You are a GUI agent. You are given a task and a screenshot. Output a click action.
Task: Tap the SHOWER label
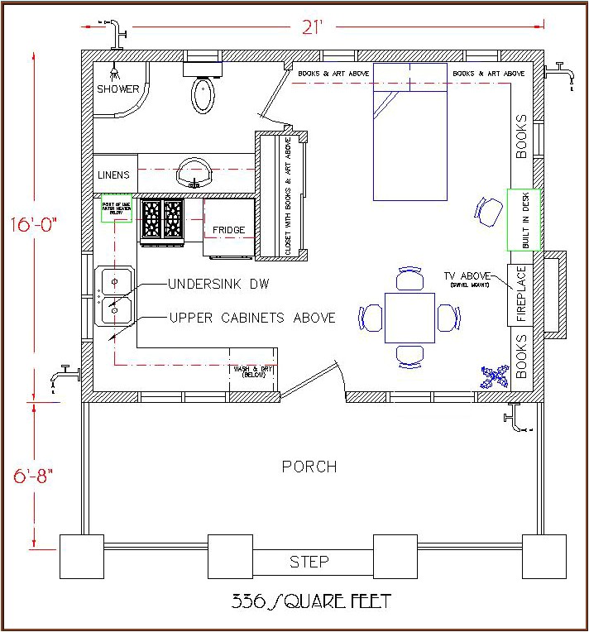click(x=118, y=89)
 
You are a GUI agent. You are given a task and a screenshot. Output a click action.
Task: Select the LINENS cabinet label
click(x=113, y=175)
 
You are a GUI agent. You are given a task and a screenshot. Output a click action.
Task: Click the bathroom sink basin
click(x=196, y=172)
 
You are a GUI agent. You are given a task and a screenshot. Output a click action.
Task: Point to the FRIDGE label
click(x=228, y=230)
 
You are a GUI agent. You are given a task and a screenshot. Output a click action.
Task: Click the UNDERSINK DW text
click(x=218, y=284)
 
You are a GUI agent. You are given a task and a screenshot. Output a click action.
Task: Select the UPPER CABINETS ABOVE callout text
click(x=252, y=318)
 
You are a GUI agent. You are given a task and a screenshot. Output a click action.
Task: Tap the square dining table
click(x=409, y=318)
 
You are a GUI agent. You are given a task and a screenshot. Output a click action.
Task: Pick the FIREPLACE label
click(x=522, y=294)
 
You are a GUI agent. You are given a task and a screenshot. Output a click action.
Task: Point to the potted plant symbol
click(x=494, y=376)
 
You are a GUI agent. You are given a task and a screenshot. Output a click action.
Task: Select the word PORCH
click(x=309, y=467)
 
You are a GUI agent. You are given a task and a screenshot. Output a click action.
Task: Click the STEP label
click(x=309, y=563)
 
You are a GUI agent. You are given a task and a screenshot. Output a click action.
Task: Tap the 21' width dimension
click(x=310, y=27)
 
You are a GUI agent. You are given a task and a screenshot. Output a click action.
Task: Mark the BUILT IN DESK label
click(x=524, y=219)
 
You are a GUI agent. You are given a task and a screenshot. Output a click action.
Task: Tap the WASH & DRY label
click(x=253, y=371)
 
